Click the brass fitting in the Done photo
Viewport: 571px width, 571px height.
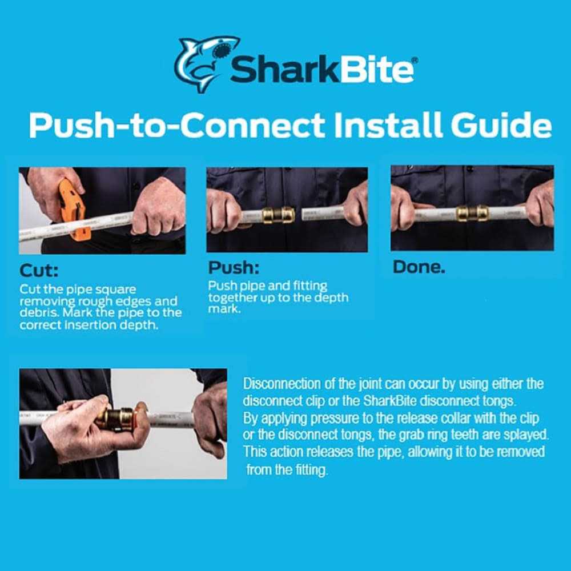pyautogui.click(x=472, y=213)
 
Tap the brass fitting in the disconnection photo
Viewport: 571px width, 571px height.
pyautogui.click(x=116, y=418)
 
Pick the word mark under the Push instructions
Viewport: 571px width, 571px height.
pyautogui.click(x=221, y=309)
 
